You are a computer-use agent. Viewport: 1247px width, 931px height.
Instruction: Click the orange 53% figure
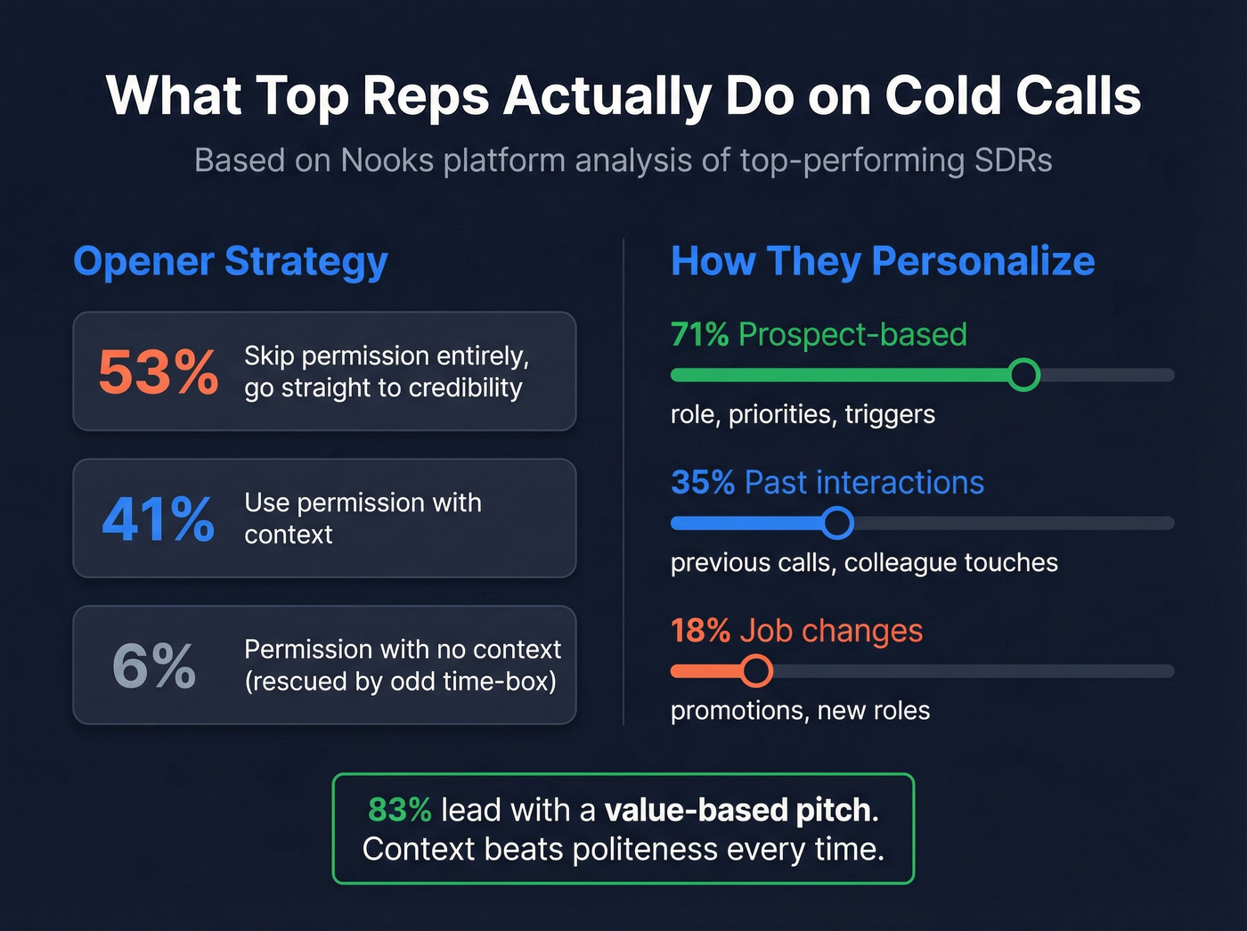pos(158,372)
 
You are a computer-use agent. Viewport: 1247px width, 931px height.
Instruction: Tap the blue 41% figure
pos(158,519)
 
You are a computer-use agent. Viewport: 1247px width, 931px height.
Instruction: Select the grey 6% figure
pos(153,666)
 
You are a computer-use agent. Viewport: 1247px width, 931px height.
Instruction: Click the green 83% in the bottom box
pos(399,810)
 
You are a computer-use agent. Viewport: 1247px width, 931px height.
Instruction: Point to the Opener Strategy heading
pos(230,261)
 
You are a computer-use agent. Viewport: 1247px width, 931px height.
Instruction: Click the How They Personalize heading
pos(882,261)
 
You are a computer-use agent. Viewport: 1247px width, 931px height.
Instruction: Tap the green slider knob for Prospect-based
pos(1024,375)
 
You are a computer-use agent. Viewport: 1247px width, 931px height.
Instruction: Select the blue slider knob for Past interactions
pos(837,523)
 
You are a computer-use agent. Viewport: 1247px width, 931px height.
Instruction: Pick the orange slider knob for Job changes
pos(756,671)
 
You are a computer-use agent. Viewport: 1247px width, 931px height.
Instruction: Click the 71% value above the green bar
pos(699,335)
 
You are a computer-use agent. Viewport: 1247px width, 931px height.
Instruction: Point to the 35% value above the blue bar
pos(702,483)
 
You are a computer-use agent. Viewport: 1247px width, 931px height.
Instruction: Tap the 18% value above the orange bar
pos(700,631)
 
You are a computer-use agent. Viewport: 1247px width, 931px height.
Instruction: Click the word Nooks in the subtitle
pos(387,160)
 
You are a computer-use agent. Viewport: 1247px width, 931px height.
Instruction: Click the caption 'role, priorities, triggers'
pos(803,414)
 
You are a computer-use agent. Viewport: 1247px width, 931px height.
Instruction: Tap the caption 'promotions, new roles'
pos(800,711)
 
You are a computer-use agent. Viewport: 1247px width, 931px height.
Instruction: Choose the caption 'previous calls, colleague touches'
pos(864,563)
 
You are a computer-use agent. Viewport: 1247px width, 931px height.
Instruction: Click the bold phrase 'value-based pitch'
pos(738,810)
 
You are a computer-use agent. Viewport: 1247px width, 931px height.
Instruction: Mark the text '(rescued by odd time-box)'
pos(400,682)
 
